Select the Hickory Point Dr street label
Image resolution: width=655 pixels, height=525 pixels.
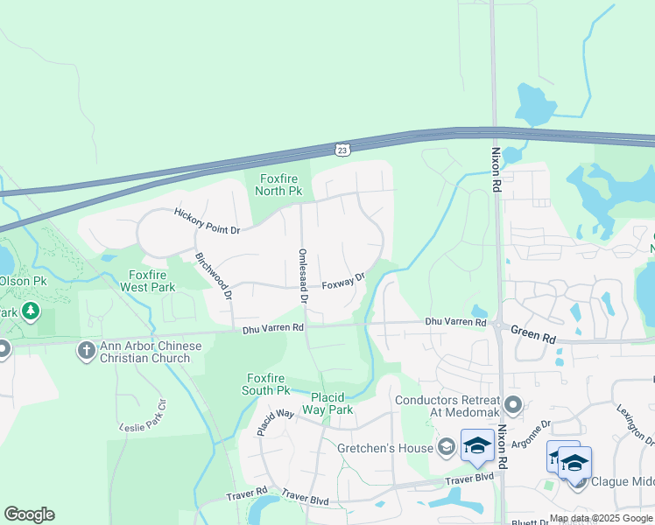[207, 220]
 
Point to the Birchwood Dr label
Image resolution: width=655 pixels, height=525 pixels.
[215, 277]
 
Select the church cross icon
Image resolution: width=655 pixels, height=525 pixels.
[86, 351]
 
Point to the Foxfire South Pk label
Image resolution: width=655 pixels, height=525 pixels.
[268, 383]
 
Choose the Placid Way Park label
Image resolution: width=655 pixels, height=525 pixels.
[327, 403]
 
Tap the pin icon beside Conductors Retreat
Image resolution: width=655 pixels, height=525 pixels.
[513, 405]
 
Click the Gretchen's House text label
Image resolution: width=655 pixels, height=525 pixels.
[384, 448]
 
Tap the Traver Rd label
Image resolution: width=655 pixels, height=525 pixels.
[245, 494]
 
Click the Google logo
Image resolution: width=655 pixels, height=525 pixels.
[29, 514]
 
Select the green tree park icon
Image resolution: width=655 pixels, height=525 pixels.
[31, 311]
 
